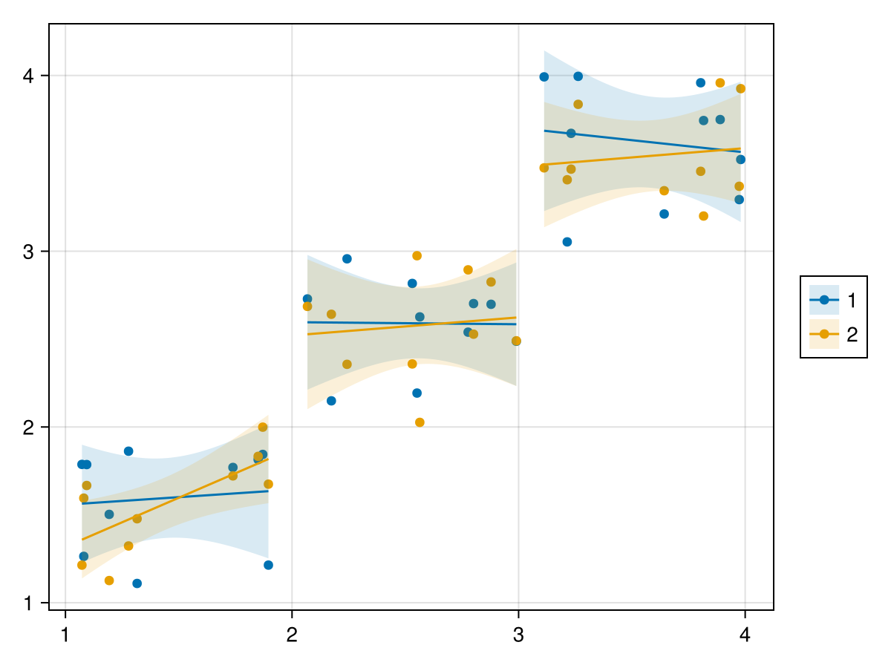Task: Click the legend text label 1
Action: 852,300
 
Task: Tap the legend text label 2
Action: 852,335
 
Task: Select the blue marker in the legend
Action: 824,300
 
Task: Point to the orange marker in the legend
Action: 824,335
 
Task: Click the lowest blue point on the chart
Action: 137,583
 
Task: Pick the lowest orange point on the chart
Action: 109,580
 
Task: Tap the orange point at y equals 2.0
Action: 263,427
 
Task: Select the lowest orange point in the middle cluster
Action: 420,422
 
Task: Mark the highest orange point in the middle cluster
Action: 417,255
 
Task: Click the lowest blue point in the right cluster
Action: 567,242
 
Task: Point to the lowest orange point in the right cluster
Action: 703,216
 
